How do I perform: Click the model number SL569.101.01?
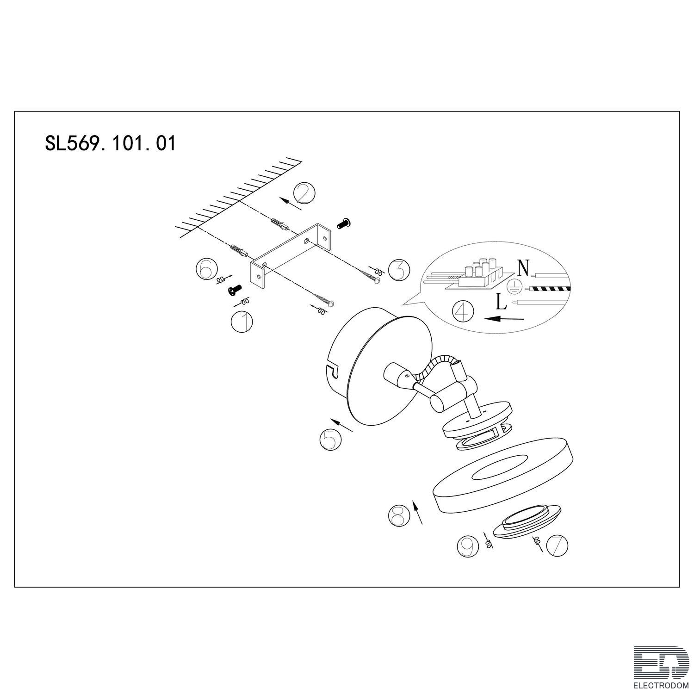[x=110, y=143]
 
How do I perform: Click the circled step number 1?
[x=242, y=322]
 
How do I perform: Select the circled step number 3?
[x=399, y=270]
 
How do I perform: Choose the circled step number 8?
[x=399, y=514]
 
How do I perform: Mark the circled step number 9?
[x=467, y=546]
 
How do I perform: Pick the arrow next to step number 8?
[x=418, y=512]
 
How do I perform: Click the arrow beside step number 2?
[x=288, y=201]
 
